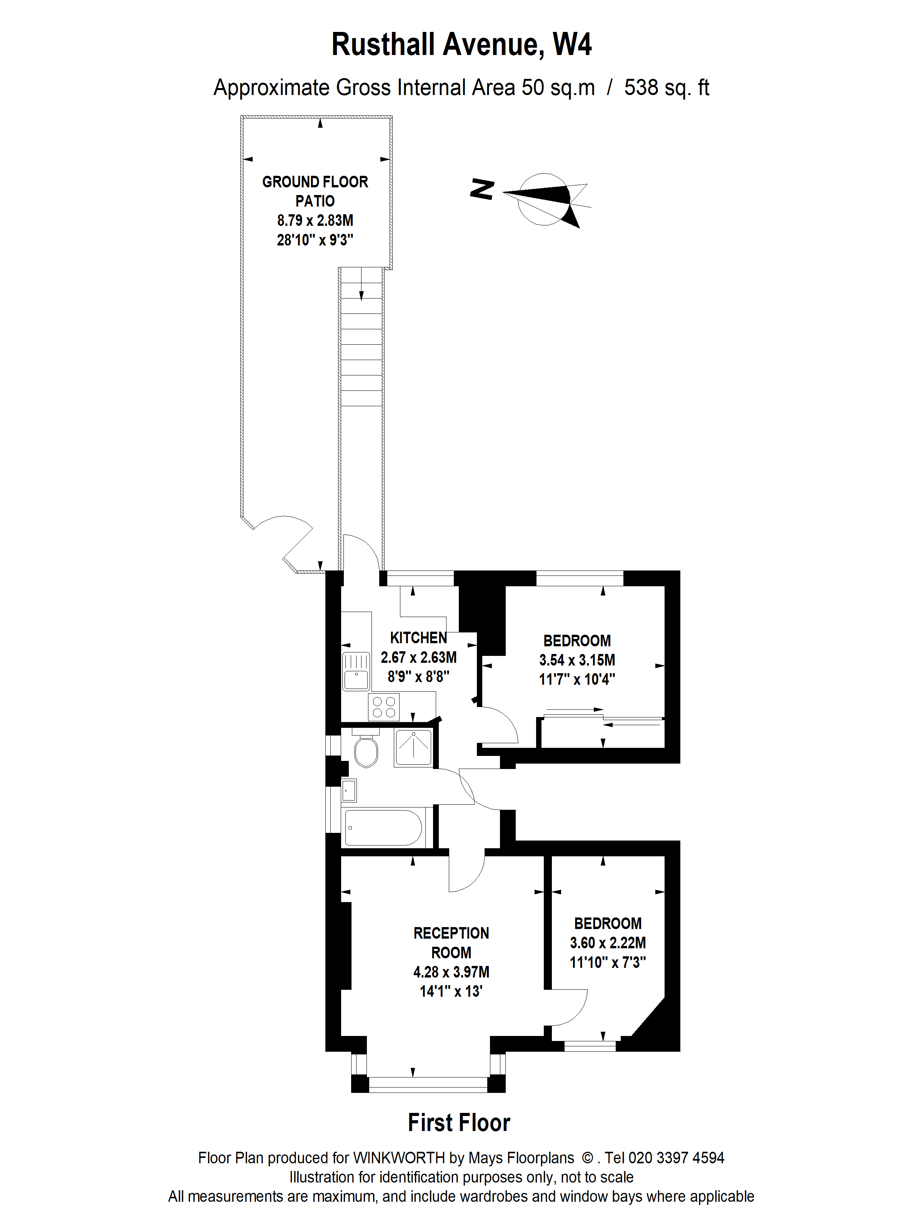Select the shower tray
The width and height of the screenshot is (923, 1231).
pyautogui.click(x=413, y=747)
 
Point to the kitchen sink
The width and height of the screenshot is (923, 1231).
pyautogui.click(x=355, y=671)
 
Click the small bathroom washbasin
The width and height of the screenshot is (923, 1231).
pyautogui.click(x=349, y=790)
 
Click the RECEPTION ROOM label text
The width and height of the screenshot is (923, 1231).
pyautogui.click(x=451, y=942)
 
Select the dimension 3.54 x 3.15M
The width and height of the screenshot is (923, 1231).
pyautogui.click(x=577, y=660)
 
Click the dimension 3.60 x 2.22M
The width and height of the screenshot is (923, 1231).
pyautogui.click(x=608, y=943)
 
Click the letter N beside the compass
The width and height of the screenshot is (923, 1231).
pyautogui.click(x=482, y=189)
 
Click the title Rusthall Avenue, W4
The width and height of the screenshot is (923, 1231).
pyautogui.click(x=461, y=45)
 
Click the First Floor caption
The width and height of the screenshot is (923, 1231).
pyautogui.click(x=459, y=1123)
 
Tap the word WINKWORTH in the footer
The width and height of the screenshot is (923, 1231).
pyautogui.click(x=399, y=1158)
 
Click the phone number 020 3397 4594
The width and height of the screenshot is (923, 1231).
pyautogui.click(x=676, y=1158)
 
